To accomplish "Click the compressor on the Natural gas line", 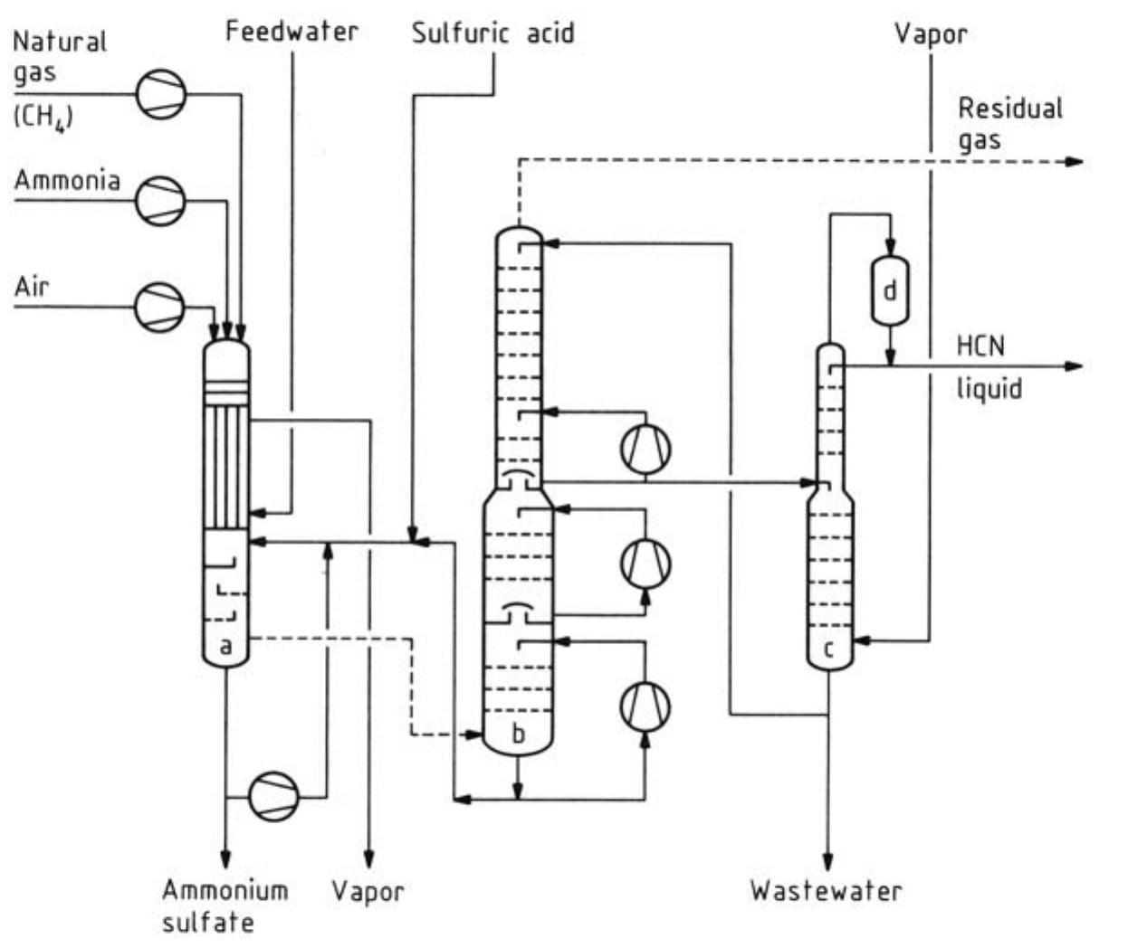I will (x=161, y=93).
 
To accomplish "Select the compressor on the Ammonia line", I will (x=161, y=200).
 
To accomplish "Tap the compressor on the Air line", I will (x=160, y=307).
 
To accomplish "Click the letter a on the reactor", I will (x=225, y=646).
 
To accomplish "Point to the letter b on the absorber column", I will (x=518, y=734).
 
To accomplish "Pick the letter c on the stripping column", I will (x=828, y=649).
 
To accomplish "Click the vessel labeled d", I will (x=890, y=291).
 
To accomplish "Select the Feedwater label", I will (x=292, y=32).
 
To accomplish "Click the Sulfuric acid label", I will (x=492, y=33).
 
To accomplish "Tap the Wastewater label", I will (x=826, y=890).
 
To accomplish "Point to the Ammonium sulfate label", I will (x=225, y=906).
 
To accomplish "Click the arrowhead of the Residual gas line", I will (x=1074, y=162).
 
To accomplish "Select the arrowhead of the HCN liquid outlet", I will (x=1074, y=366).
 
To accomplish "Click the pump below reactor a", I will (x=274, y=797).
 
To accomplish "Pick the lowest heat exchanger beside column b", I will (x=645, y=706).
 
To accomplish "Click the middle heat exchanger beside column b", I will (x=645, y=564).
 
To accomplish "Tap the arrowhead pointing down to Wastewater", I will (x=827, y=858).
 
